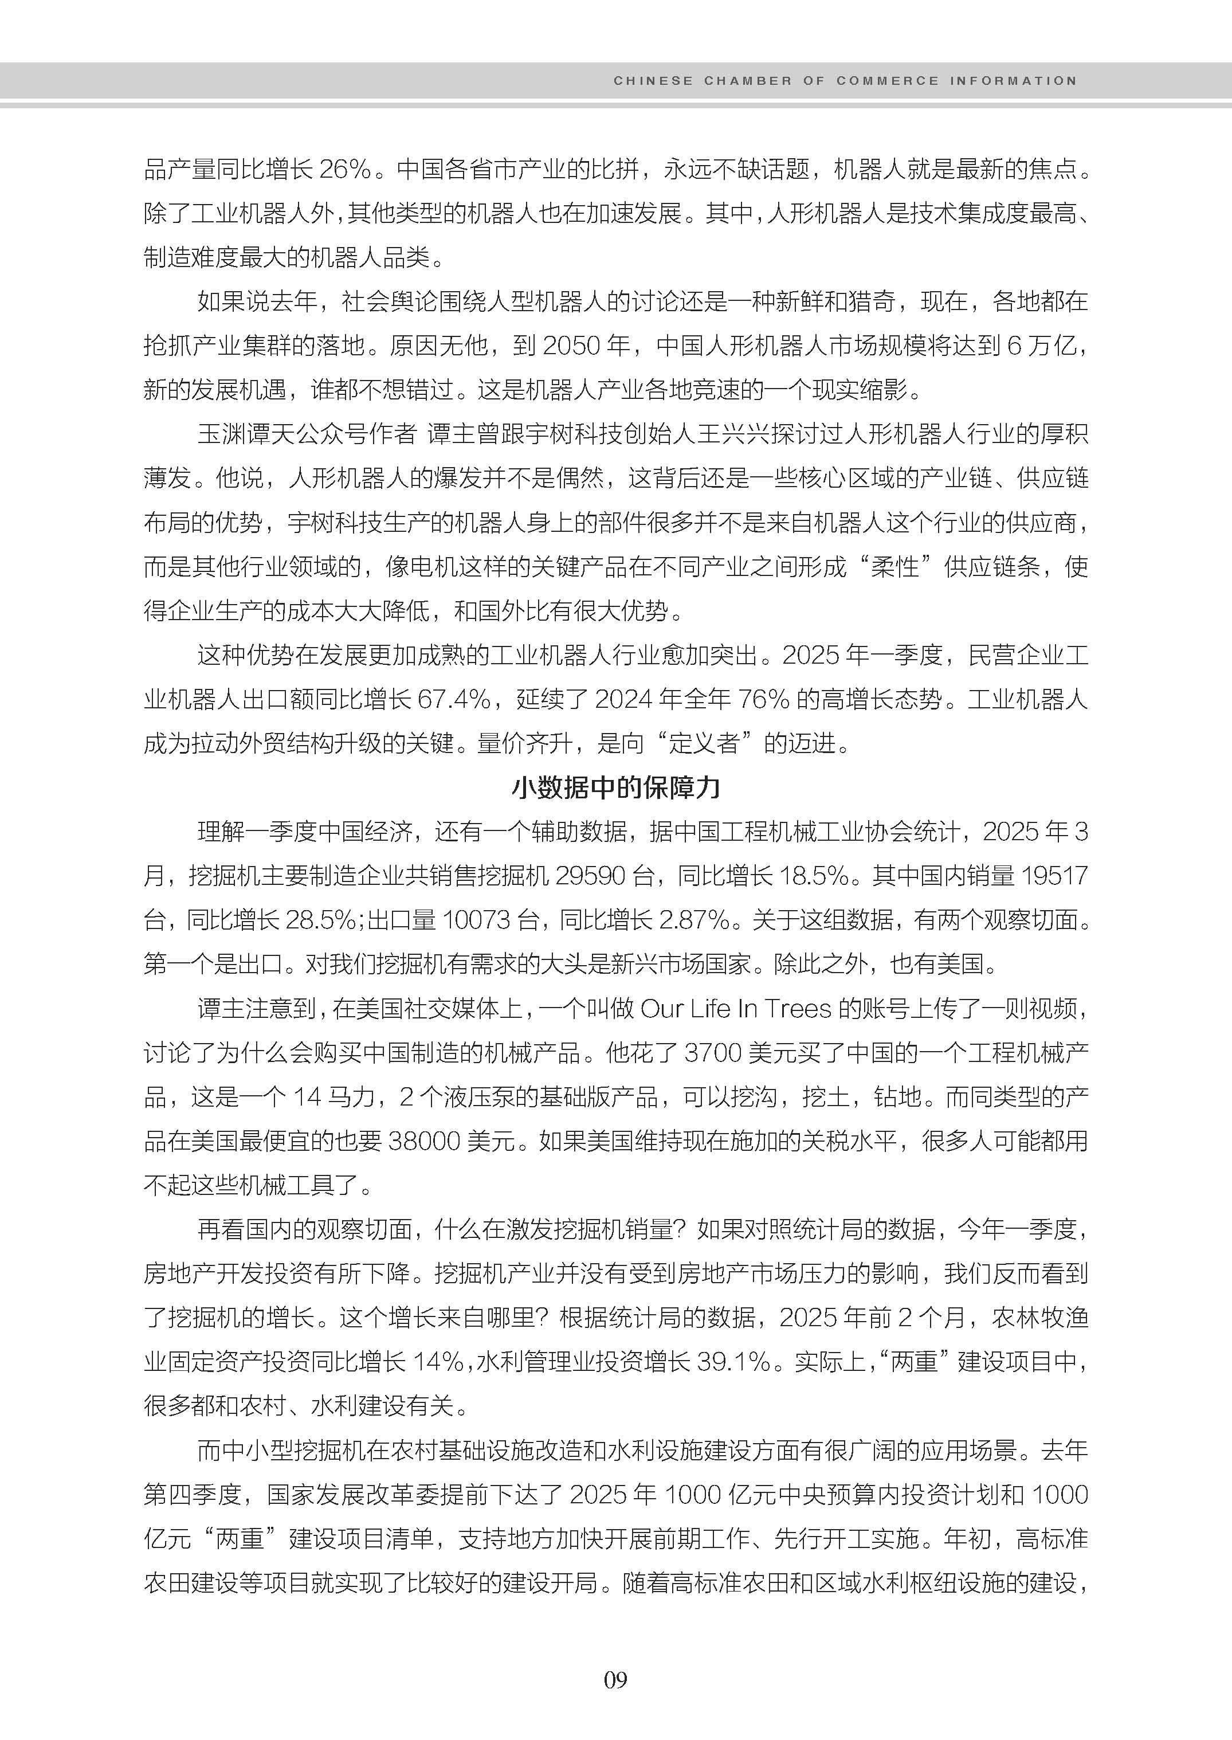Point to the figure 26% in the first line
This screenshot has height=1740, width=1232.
point(344,169)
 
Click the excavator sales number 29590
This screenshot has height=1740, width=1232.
point(590,876)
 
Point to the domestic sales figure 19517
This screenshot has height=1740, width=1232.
point(1054,876)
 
